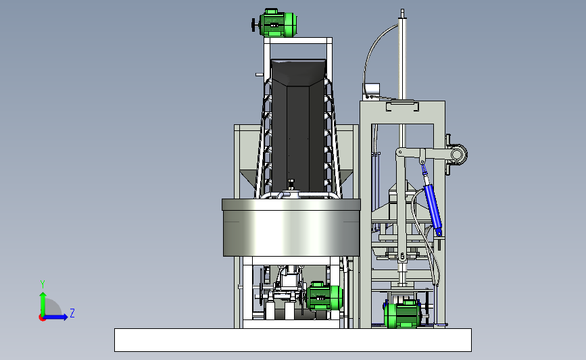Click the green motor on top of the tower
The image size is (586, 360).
point(278,23)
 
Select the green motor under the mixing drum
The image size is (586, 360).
point(324,297)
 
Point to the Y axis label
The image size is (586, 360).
point(43,284)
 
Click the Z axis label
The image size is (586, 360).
point(72,313)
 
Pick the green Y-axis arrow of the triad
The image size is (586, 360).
point(43,304)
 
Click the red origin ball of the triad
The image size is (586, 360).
point(42,318)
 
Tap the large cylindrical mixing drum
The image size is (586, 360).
point(291,228)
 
